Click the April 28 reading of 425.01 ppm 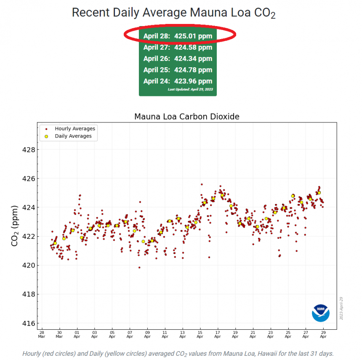(178, 36)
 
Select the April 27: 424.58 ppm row (178, 48)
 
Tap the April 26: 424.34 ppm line (178, 59)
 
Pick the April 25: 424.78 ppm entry (178, 70)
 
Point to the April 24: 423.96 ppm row (178, 81)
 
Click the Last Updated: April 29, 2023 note (190, 90)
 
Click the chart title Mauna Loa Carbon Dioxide (186, 116)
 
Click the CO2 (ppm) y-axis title (15, 225)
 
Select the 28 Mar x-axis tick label (41, 334)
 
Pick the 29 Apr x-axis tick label (323, 334)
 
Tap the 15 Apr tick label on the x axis (200, 334)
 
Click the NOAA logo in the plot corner (321, 313)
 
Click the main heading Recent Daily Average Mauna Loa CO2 (173, 13)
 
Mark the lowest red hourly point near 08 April (139, 267)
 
